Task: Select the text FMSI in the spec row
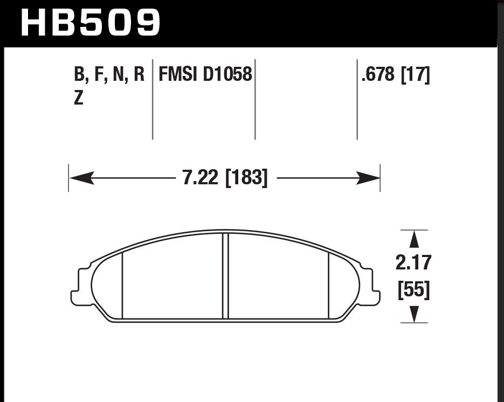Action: [x=177, y=74]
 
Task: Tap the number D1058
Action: [x=227, y=74]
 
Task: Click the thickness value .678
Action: [x=378, y=74]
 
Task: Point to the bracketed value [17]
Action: [x=415, y=75]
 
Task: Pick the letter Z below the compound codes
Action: [x=78, y=98]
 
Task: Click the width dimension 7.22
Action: [x=200, y=177]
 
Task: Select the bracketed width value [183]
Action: [x=246, y=178]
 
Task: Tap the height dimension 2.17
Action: [x=413, y=262]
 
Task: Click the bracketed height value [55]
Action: [x=413, y=290]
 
